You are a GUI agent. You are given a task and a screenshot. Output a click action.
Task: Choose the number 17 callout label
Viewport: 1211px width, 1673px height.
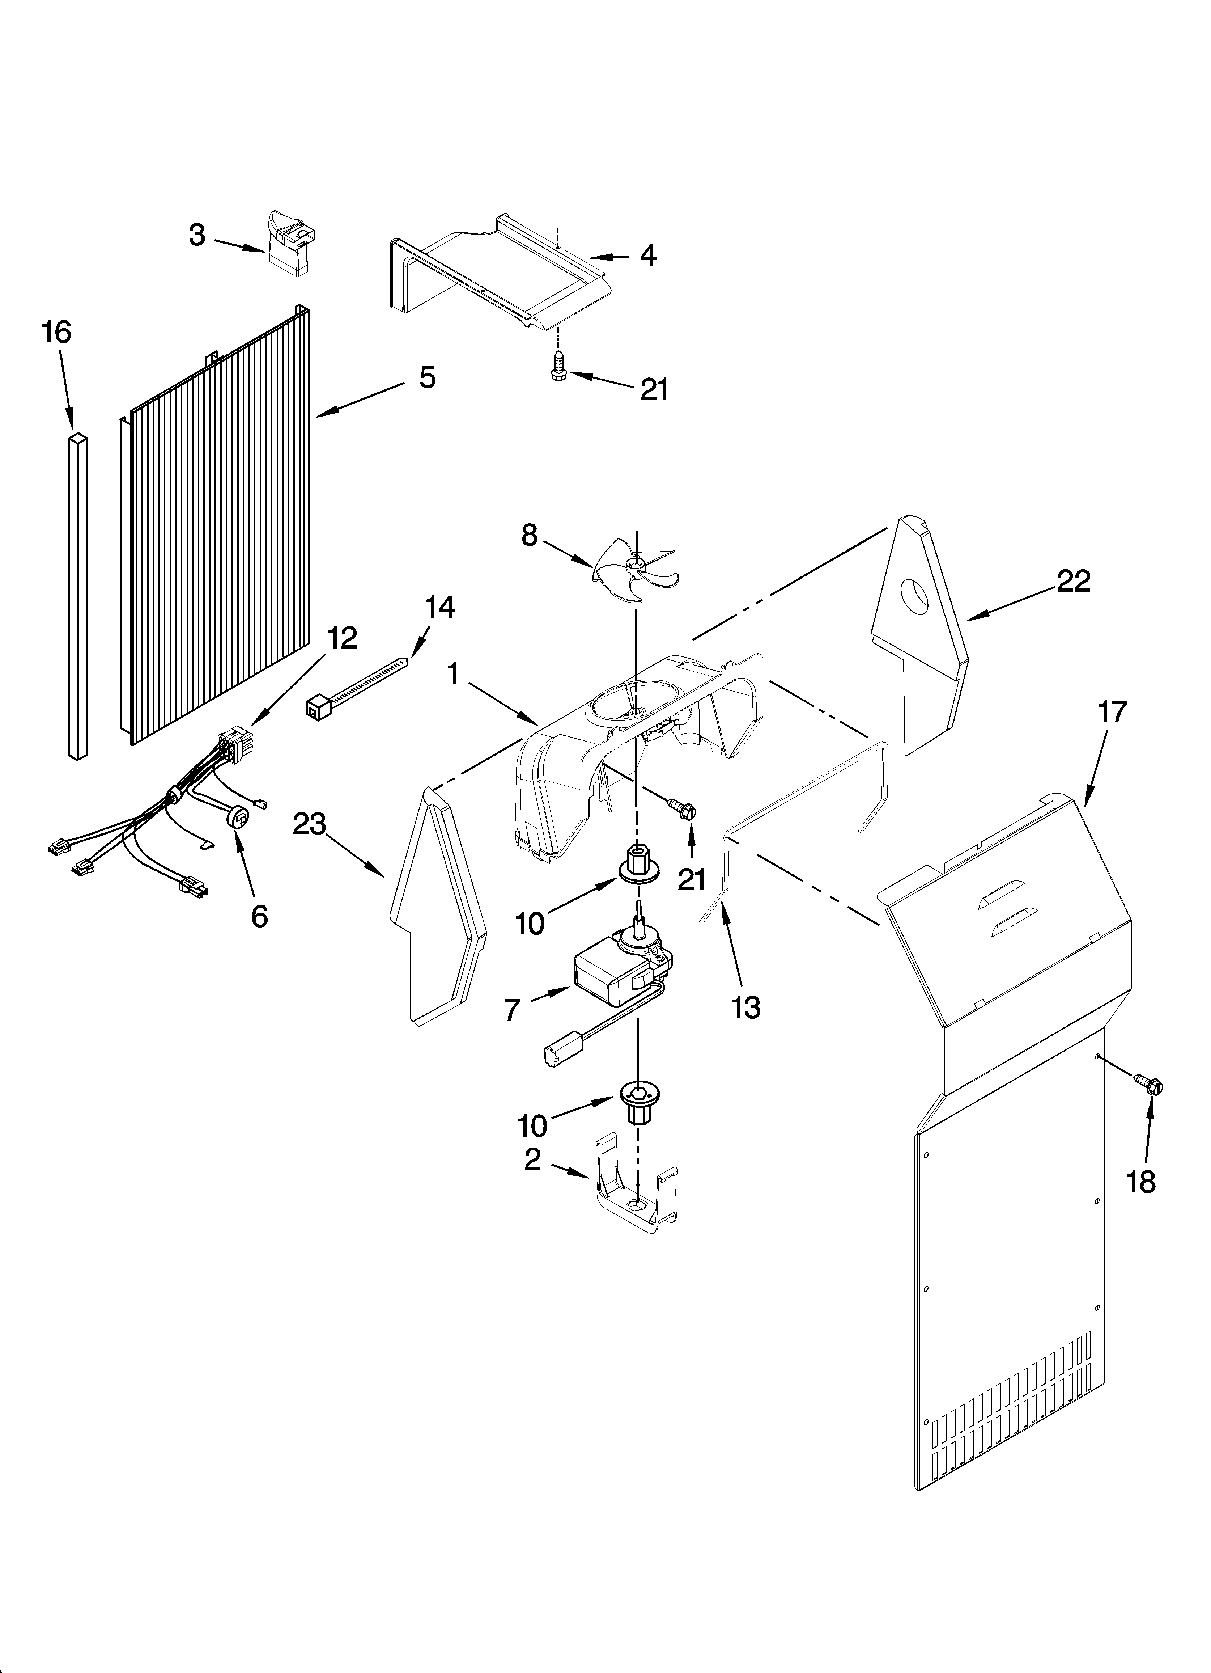1113,713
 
